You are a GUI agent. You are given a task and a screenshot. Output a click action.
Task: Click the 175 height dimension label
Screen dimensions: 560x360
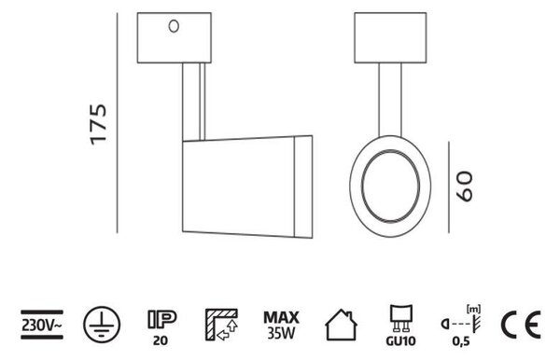click(x=99, y=125)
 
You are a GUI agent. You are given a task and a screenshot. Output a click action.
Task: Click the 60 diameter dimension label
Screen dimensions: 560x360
click(x=465, y=187)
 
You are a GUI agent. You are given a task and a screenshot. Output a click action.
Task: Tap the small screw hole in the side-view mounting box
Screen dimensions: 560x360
click(x=174, y=26)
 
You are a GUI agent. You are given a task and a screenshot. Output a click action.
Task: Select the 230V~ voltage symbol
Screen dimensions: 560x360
click(x=42, y=325)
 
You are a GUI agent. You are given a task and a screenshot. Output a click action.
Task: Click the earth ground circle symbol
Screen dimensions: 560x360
click(x=102, y=325)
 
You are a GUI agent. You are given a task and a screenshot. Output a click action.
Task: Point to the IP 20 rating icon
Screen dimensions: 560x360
click(x=161, y=327)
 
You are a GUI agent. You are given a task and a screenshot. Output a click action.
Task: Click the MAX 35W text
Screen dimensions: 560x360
click(x=282, y=325)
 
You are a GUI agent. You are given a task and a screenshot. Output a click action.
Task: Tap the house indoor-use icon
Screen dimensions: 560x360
click(x=341, y=325)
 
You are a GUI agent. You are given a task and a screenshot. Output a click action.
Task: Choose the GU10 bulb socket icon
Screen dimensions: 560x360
click(x=400, y=325)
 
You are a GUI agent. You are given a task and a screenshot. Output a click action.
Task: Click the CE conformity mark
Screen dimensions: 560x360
click(x=521, y=325)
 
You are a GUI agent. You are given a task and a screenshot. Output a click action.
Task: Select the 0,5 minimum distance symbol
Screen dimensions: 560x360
click(x=461, y=326)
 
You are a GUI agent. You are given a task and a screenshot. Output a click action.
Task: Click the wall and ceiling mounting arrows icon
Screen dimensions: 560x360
click(x=221, y=325)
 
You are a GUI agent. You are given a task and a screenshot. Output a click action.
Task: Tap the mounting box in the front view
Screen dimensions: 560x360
click(x=390, y=38)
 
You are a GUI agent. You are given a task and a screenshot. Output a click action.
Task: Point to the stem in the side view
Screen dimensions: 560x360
click(x=194, y=102)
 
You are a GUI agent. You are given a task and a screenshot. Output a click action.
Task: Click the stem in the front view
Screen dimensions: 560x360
click(x=390, y=100)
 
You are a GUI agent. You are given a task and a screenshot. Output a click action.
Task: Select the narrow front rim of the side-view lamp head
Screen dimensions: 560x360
click(x=303, y=187)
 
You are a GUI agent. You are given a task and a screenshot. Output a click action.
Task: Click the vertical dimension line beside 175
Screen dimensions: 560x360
click(x=118, y=123)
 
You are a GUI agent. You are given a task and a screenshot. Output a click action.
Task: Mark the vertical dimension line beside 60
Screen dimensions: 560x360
click(x=449, y=187)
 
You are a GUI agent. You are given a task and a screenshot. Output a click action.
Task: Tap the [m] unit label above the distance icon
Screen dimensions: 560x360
click(x=474, y=309)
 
